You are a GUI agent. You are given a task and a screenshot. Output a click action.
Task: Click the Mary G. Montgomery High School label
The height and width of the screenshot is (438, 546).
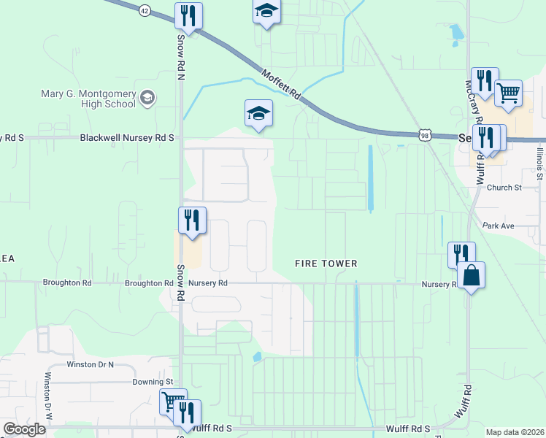[x=88, y=99]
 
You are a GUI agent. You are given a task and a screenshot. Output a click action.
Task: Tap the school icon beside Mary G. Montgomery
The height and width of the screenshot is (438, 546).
[x=147, y=99]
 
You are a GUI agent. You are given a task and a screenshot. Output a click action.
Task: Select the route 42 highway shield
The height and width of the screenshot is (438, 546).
[x=145, y=10]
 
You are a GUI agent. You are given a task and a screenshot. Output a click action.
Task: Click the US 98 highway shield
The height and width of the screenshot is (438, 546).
[x=426, y=135]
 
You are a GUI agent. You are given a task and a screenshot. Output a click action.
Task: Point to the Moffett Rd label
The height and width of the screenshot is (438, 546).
[x=281, y=83]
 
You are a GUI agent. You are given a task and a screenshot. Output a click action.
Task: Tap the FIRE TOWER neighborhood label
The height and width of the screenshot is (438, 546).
[x=326, y=264]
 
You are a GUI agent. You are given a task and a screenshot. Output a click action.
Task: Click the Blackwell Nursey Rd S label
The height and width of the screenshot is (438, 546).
[x=127, y=137]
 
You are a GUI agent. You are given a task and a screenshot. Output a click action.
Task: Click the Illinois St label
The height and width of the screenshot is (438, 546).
[x=539, y=162]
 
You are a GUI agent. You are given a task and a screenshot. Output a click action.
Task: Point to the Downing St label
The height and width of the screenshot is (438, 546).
[x=152, y=382]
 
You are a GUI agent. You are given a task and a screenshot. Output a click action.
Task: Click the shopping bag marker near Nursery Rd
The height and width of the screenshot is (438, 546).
[x=472, y=277]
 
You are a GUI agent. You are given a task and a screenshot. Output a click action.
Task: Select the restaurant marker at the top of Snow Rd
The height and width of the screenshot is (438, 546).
[x=189, y=16]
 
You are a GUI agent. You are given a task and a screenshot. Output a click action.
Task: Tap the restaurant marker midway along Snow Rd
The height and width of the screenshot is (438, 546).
[x=192, y=220]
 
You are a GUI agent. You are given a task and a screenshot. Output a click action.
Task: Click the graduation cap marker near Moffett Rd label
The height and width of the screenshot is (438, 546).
[x=258, y=114]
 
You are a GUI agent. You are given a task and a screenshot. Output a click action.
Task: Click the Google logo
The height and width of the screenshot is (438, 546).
[x=24, y=429]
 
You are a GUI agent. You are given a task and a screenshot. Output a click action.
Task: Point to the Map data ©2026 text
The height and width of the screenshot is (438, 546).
[x=515, y=432]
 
